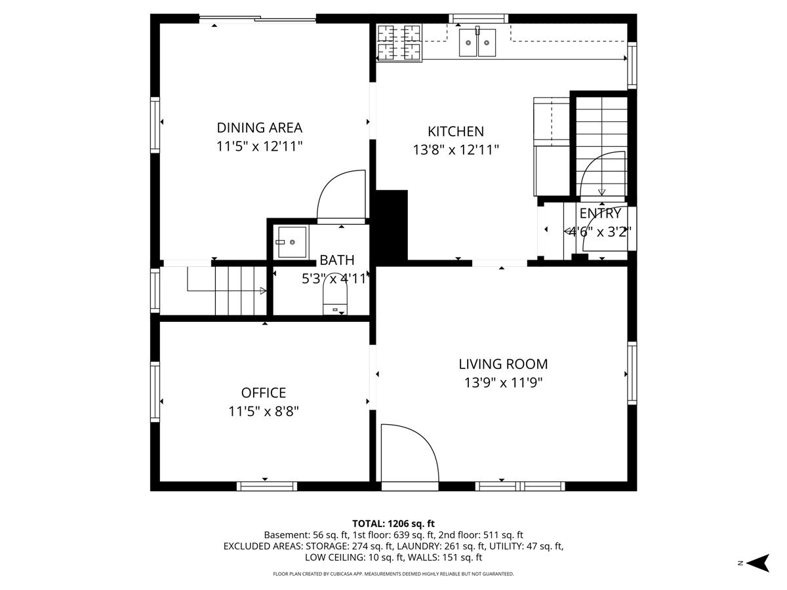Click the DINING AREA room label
(260, 128)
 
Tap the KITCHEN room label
(456, 132)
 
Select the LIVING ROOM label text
(503, 364)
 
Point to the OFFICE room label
(264, 393)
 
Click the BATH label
(337, 261)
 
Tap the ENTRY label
(599, 214)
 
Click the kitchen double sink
(477, 43)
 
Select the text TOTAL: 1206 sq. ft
(393, 523)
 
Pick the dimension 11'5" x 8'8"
(264, 412)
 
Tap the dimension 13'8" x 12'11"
(456, 150)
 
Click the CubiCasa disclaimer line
(393, 574)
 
